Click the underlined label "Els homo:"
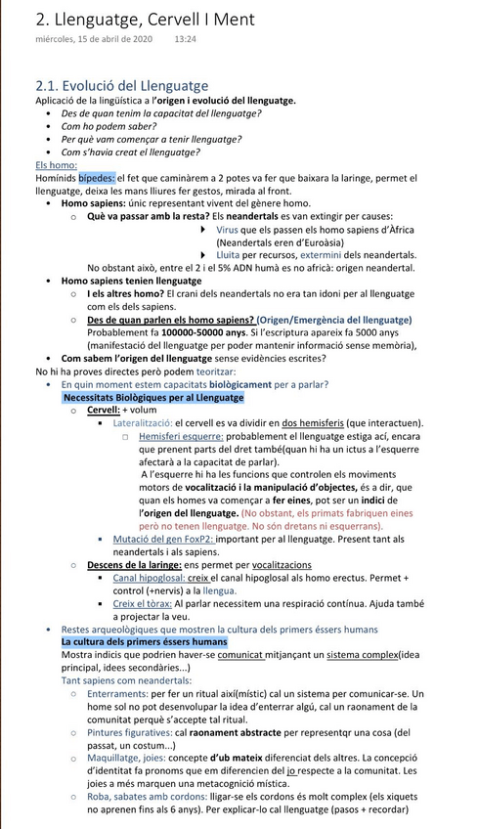click(x=56, y=165)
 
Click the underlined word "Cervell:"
click(x=104, y=411)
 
